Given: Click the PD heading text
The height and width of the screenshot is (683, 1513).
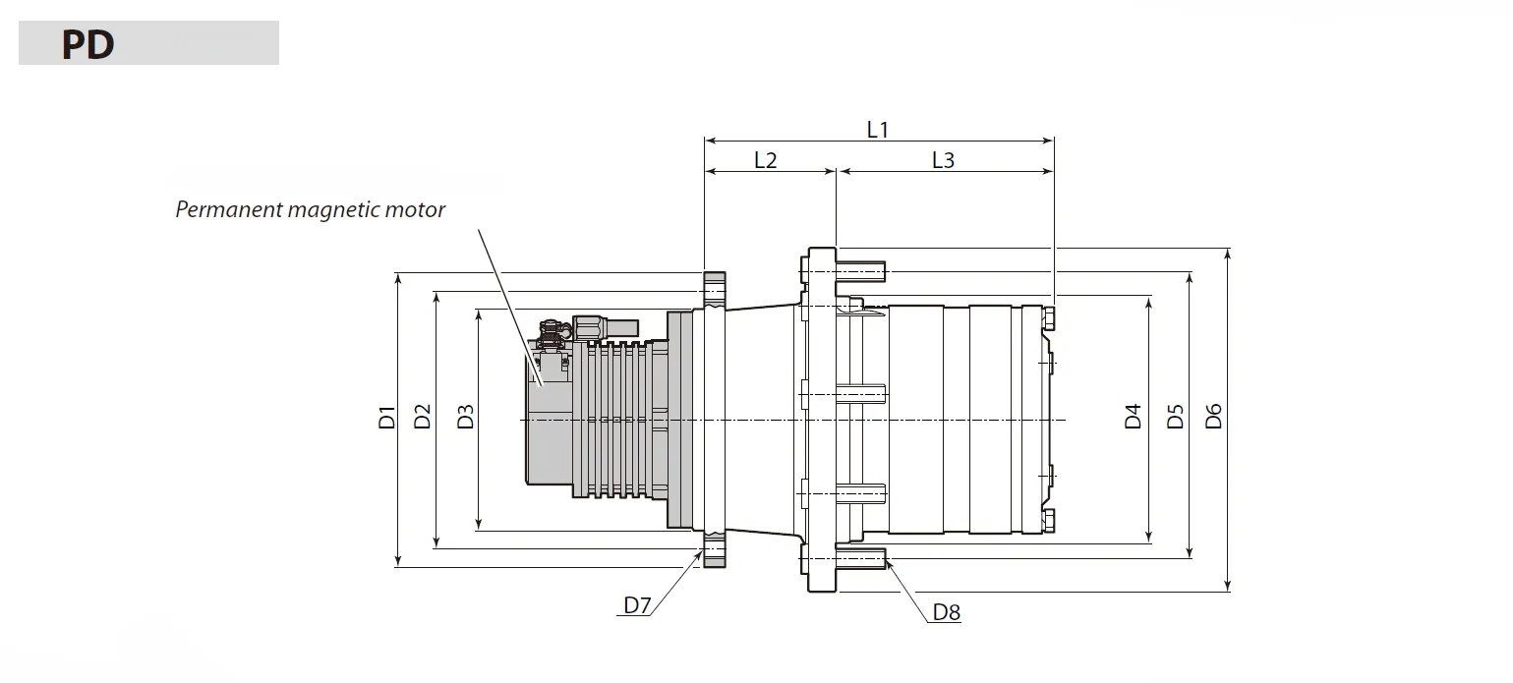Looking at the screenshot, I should pyautogui.click(x=87, y=45).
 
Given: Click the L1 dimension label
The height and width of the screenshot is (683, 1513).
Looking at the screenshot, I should pyautogui.click(x=877, y=129).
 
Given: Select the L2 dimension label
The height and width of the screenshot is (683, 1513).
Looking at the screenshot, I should pyautogui.click(x=765, y=160).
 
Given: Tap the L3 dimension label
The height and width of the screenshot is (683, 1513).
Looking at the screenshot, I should pyautogui.click(x=942, y=160).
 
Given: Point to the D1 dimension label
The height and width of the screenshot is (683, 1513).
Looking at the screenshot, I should pyautogui.click(x=386, y=417).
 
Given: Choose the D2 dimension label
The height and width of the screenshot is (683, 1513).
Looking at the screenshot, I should pyautogui.click(x=423, y=417).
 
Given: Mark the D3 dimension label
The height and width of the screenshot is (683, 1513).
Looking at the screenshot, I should pyautogui.click(x=466, y=417).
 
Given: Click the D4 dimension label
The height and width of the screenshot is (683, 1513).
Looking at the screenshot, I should pyautogui.click(x=1134, y=417).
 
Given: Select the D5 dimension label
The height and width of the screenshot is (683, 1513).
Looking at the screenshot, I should pyautogui.click(x=1175, y=417).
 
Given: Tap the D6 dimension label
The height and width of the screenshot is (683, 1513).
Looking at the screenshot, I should pyautogui.click(x=1213, y=417).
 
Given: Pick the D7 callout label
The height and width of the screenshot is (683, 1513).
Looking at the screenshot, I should pyautogui.click(x=637, y=605).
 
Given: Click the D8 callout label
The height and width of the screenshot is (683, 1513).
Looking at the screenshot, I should pyautogui.click(x=946, y=613).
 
